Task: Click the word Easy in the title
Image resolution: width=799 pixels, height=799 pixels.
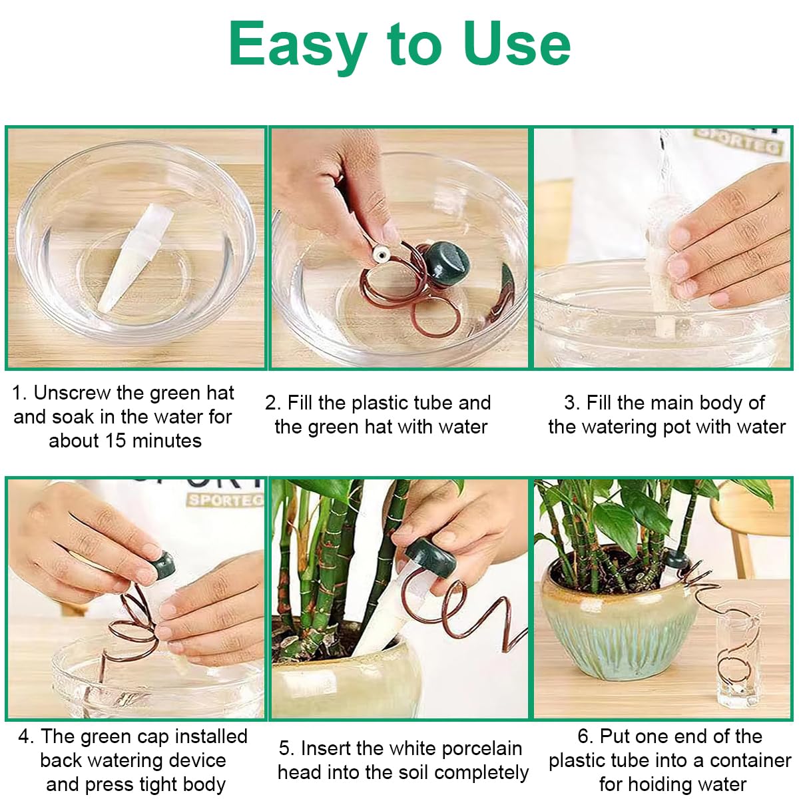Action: coord(298,46)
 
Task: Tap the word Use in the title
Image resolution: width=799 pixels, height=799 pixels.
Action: coord(517,43)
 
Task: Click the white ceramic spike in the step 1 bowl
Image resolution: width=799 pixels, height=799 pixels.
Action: coord(134,257)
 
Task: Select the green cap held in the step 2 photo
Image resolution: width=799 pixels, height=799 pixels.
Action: coord(449,263)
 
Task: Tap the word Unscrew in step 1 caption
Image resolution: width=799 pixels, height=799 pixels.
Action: coord(72,393)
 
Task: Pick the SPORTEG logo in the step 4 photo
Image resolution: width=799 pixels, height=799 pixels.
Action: coord(226,500)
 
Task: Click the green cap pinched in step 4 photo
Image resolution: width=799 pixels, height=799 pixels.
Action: coord(165,565)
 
